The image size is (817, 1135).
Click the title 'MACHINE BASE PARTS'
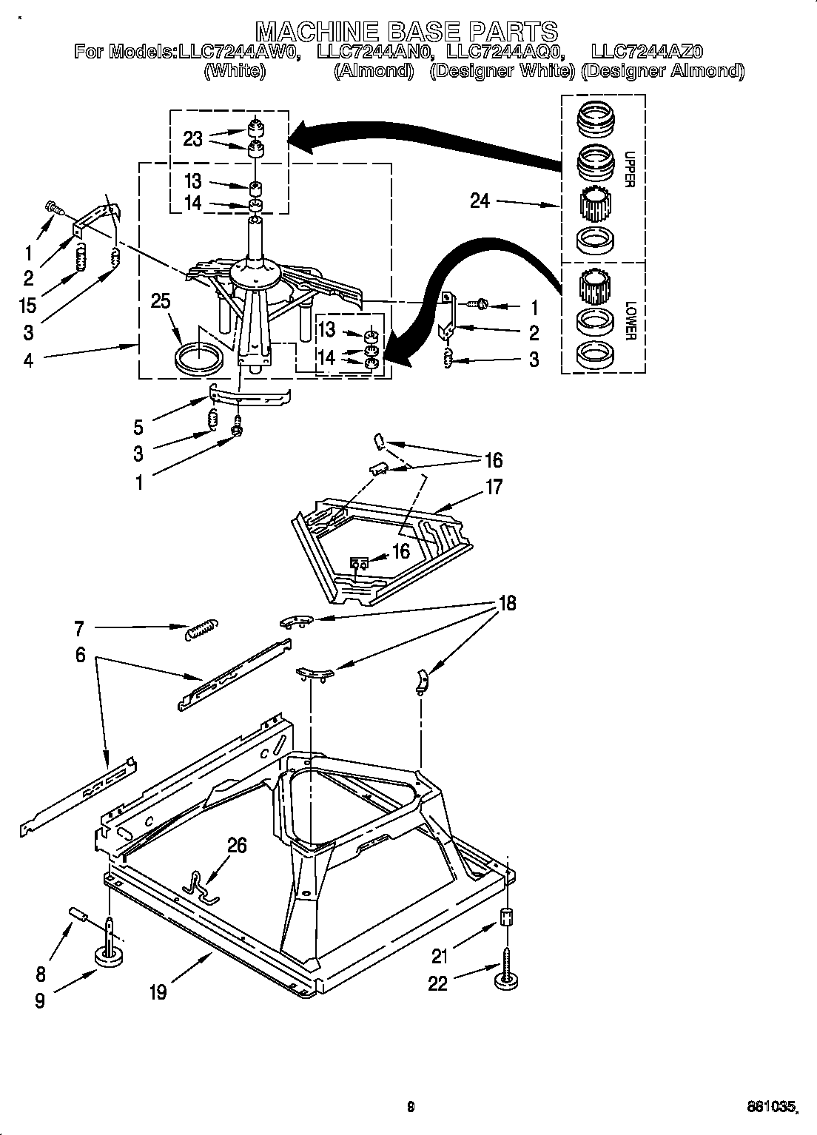[406, 31]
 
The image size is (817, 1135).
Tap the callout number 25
[161, 301]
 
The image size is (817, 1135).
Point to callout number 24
[480, 201]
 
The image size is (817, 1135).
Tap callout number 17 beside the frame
[494, 487]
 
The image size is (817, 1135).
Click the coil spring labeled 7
[201, 630]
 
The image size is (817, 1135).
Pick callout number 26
[237, 845]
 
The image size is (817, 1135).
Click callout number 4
[28, 360]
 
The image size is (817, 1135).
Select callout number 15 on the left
[28, 304]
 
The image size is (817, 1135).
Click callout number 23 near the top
[192, 138]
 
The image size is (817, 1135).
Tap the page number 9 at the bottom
[410, 1108]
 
